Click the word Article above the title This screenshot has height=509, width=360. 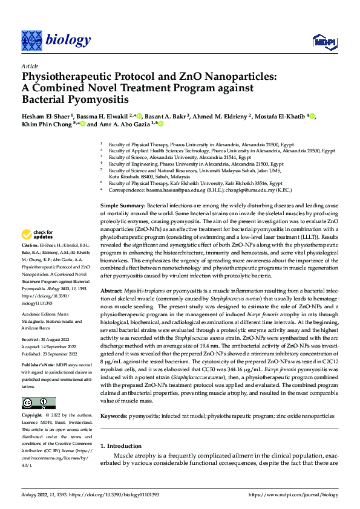pos(30,66)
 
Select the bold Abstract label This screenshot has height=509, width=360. pos(112,290)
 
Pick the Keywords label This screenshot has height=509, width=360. pos(114,416)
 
